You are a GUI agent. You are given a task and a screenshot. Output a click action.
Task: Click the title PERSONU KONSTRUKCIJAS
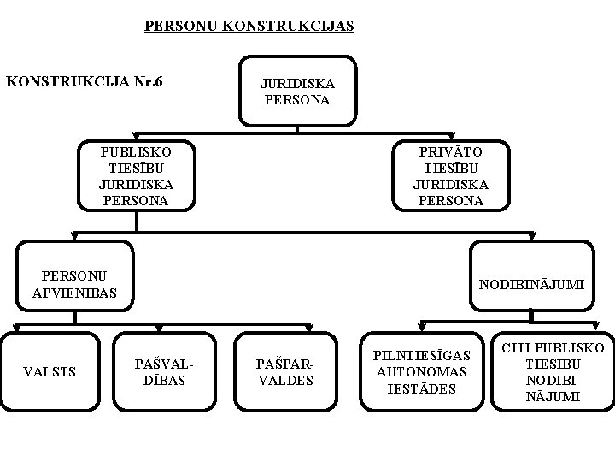pos(249,27)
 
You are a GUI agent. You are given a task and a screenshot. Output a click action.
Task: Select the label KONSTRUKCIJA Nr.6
pos(85,82)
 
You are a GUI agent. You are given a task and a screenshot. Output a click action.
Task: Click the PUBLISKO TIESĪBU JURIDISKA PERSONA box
pos(136,176)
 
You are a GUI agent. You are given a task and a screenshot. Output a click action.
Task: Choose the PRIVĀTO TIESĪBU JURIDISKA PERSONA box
pos(450,176)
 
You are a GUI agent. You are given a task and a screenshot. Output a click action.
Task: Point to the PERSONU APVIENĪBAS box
pos(75,285)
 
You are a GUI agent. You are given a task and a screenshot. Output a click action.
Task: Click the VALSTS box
pos(50,371)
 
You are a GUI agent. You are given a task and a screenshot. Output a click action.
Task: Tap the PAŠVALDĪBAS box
pos(161,371)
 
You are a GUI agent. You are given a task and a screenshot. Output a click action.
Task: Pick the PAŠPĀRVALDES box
pos(284,371)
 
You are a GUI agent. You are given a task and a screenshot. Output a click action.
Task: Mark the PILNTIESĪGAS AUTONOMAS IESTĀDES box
pos(422,371)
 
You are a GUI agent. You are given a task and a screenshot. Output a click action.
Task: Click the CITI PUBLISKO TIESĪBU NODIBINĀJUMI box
pos(553,372)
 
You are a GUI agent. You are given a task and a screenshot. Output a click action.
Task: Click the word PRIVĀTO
pos(450,151)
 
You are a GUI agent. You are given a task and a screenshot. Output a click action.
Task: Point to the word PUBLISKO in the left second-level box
pos(136,151)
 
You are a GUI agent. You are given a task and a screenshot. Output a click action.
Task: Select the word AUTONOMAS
pos(422,372)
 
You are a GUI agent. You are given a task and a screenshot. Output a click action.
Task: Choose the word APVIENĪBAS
pos(75,293)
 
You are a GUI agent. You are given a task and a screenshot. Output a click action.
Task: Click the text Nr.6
pos(148,82)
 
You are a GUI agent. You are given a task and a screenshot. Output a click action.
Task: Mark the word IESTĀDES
pos(422,388)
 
